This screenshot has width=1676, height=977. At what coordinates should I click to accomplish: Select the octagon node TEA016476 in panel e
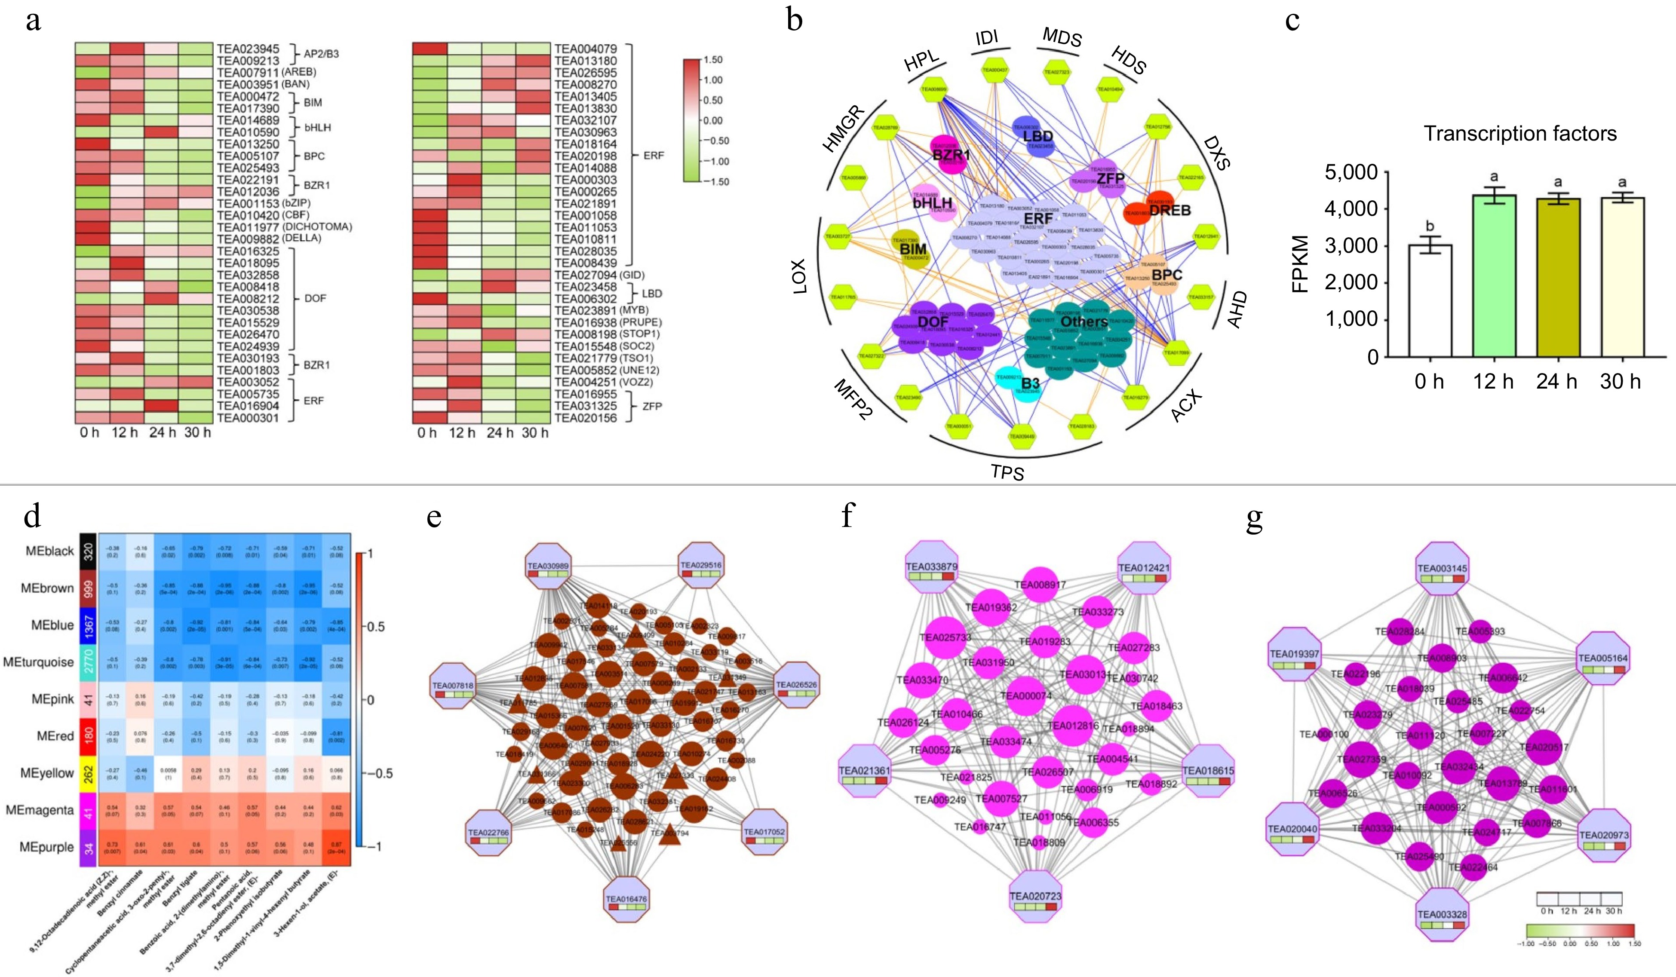[x=626, y=903]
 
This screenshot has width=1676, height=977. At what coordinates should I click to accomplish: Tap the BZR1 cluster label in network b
[x=951, y=155]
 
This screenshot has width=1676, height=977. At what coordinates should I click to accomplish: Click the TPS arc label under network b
[x=1007, y=472]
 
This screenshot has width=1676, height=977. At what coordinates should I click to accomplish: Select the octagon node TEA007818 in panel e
[x=454, y=690]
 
